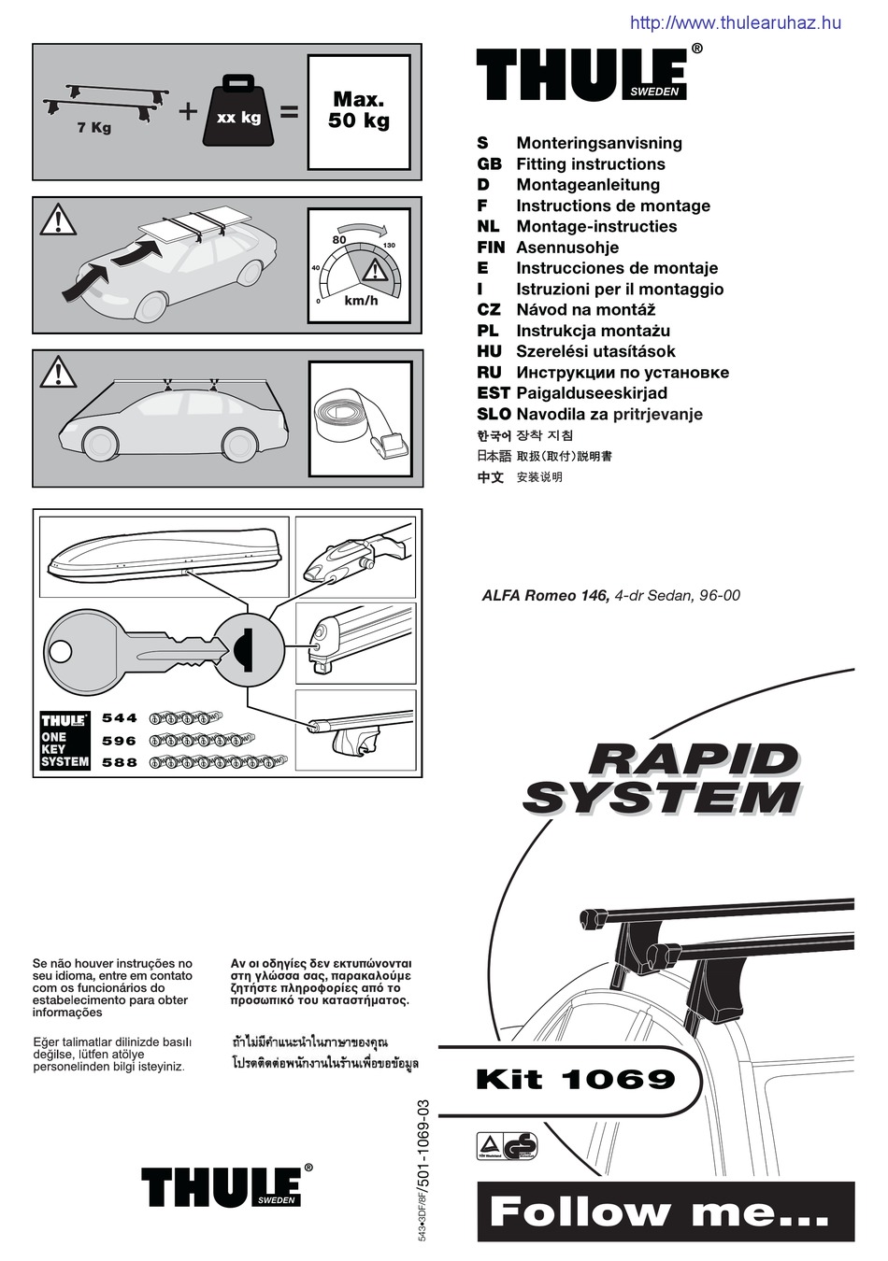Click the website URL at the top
click(736, 23)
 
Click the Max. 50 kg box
click(359, 111)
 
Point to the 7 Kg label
click(94, 128)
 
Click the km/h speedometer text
click(361, 301)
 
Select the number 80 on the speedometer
click(339, 240)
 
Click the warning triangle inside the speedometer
click(376, 271)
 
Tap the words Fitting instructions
click(590, 164)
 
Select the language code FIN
click(491, 248)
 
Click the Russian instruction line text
click(622, 373)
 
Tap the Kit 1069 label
click(575, 1080)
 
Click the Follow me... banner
click(660, 1212)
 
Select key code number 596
click(120, 741)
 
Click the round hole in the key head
click(62, 651)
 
